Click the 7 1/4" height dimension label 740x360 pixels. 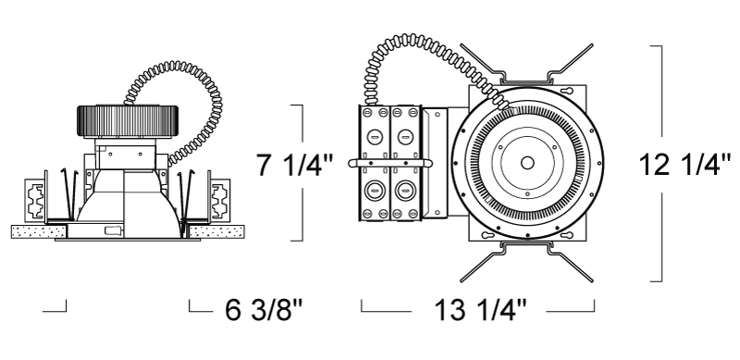click(x=294, y=165)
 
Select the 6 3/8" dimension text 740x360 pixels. click(x=264, y=310)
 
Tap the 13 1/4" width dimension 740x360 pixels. click(x=479, y=310)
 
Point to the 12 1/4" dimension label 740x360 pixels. click(x=684, y=165)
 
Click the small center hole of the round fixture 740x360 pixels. click(x=527, y=163)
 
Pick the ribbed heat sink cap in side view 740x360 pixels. click(x=128, y=121)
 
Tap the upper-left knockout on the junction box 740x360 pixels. click(x=375, y=137)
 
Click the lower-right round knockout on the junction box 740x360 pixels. click(x=405, y=191)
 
